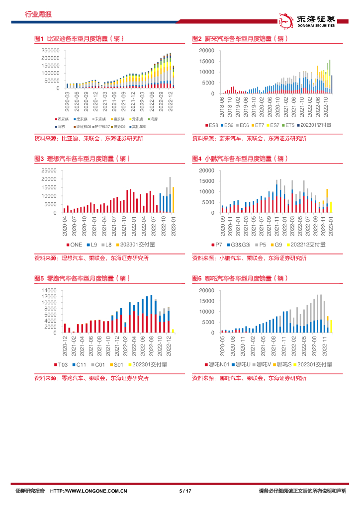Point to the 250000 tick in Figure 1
51,51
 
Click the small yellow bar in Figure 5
173,331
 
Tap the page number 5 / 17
185,491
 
